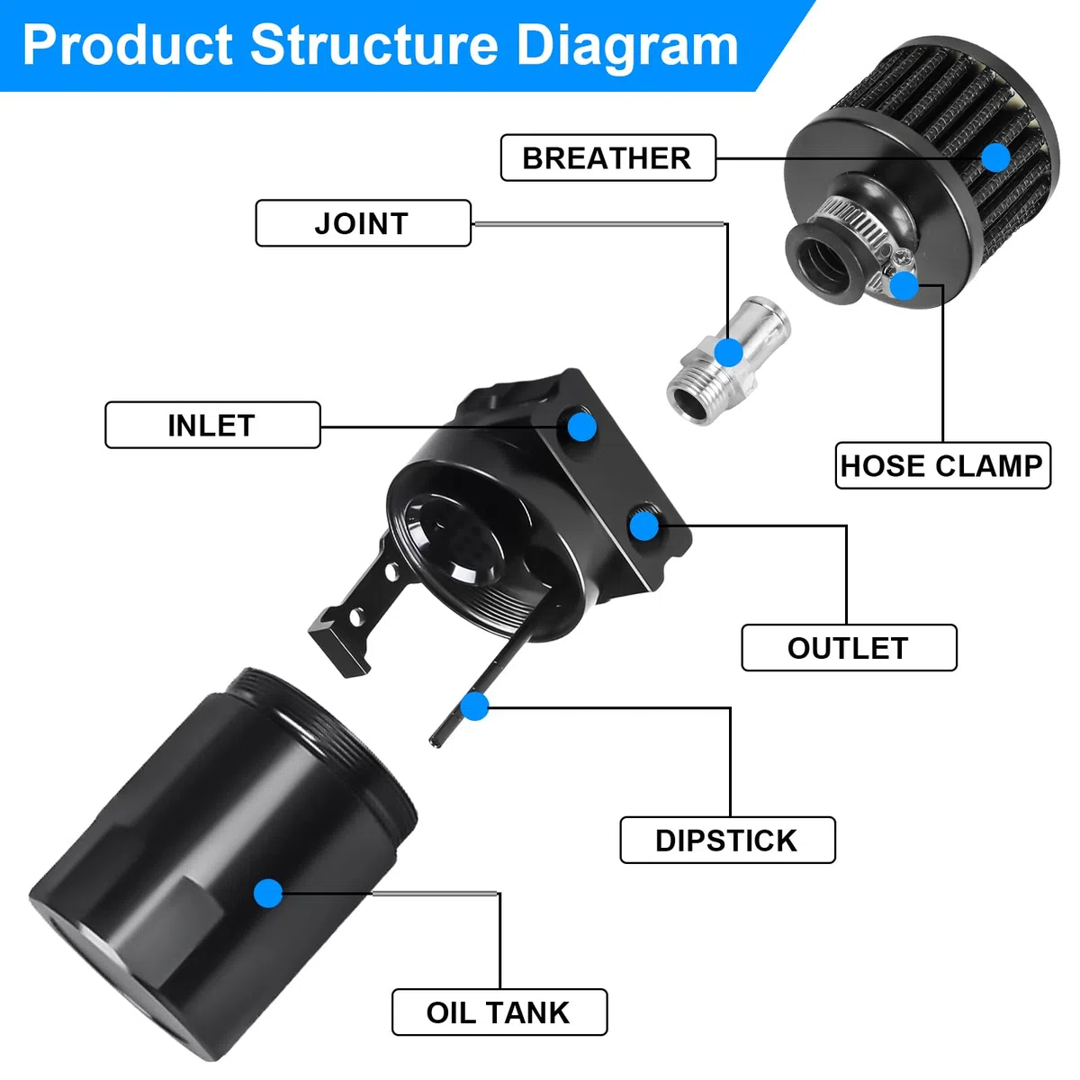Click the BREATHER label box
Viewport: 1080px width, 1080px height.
tap(607, 157)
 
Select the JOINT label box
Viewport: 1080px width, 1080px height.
tap(363, 223)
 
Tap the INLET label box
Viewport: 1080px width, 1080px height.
tap(212, 425)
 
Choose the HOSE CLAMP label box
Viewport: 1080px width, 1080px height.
tap(942, 465)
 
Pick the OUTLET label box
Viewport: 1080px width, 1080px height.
tap(849, 647)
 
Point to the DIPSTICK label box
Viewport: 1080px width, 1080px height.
tap(727, 840)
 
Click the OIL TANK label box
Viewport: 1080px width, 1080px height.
tap(499, 1012)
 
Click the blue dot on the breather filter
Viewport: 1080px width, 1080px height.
tap(996, 157)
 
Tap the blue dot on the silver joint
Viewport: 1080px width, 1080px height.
tap(728, 353)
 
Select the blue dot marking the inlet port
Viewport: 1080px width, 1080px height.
tap(581, 427)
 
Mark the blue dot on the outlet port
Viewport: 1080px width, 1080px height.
tap(644, 526)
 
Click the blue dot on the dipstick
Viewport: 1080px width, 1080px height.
tap(474, 706)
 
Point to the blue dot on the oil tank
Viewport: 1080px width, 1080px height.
tap(268, 894)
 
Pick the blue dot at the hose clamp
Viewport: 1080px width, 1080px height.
tap(904, 285)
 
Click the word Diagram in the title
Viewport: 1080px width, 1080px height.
tap(626, 47)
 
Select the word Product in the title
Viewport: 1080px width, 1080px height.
tap(127, 45)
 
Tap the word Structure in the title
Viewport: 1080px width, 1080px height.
tap(373, 45)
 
